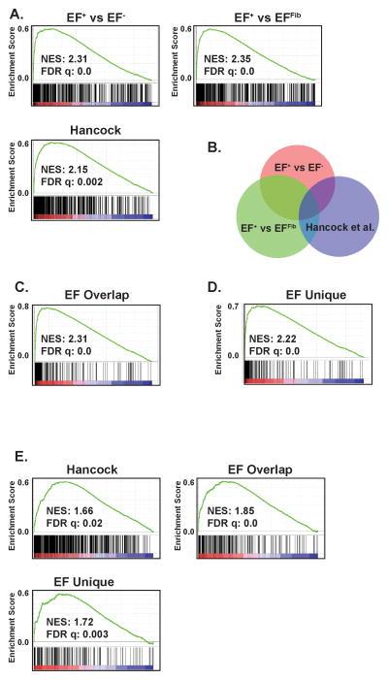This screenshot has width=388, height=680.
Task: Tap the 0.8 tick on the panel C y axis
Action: [25, 307]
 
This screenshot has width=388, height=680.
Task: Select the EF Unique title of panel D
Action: [291, 288]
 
